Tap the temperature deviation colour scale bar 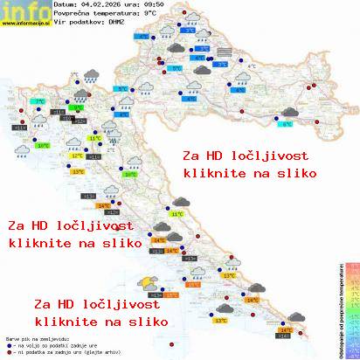(x=350, y=306)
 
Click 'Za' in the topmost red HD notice (x=191, y=156)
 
